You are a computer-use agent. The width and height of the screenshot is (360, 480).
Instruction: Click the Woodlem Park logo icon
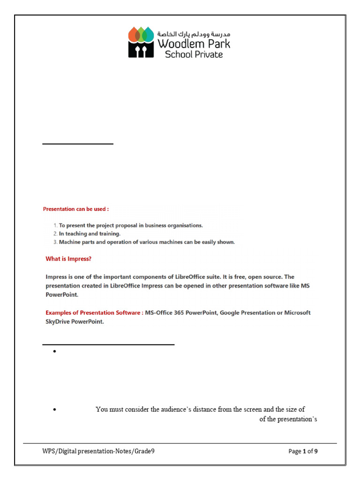141,42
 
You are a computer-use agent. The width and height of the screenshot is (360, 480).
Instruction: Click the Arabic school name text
194,34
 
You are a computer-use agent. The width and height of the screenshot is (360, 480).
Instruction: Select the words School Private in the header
194,54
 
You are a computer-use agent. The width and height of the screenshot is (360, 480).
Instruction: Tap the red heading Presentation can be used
76,209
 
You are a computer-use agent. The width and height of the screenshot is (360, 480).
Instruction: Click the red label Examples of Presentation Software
94,313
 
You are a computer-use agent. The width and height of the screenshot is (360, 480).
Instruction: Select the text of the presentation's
288,419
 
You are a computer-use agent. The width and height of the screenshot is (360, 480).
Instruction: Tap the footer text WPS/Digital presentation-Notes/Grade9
98,451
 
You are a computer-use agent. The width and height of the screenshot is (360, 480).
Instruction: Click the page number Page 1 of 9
303,451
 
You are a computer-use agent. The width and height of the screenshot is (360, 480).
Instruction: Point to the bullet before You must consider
55,410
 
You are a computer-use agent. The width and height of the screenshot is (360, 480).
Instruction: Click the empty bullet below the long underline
55,352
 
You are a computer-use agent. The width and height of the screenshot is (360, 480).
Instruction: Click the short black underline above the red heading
78,144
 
